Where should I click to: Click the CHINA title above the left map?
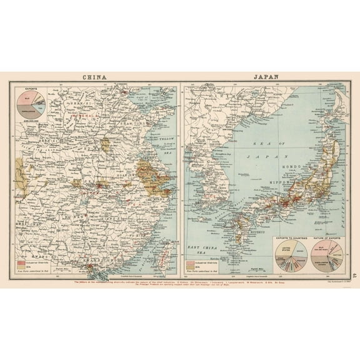click(x=93, y=78)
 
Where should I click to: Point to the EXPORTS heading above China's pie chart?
click(x=26, y=89)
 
